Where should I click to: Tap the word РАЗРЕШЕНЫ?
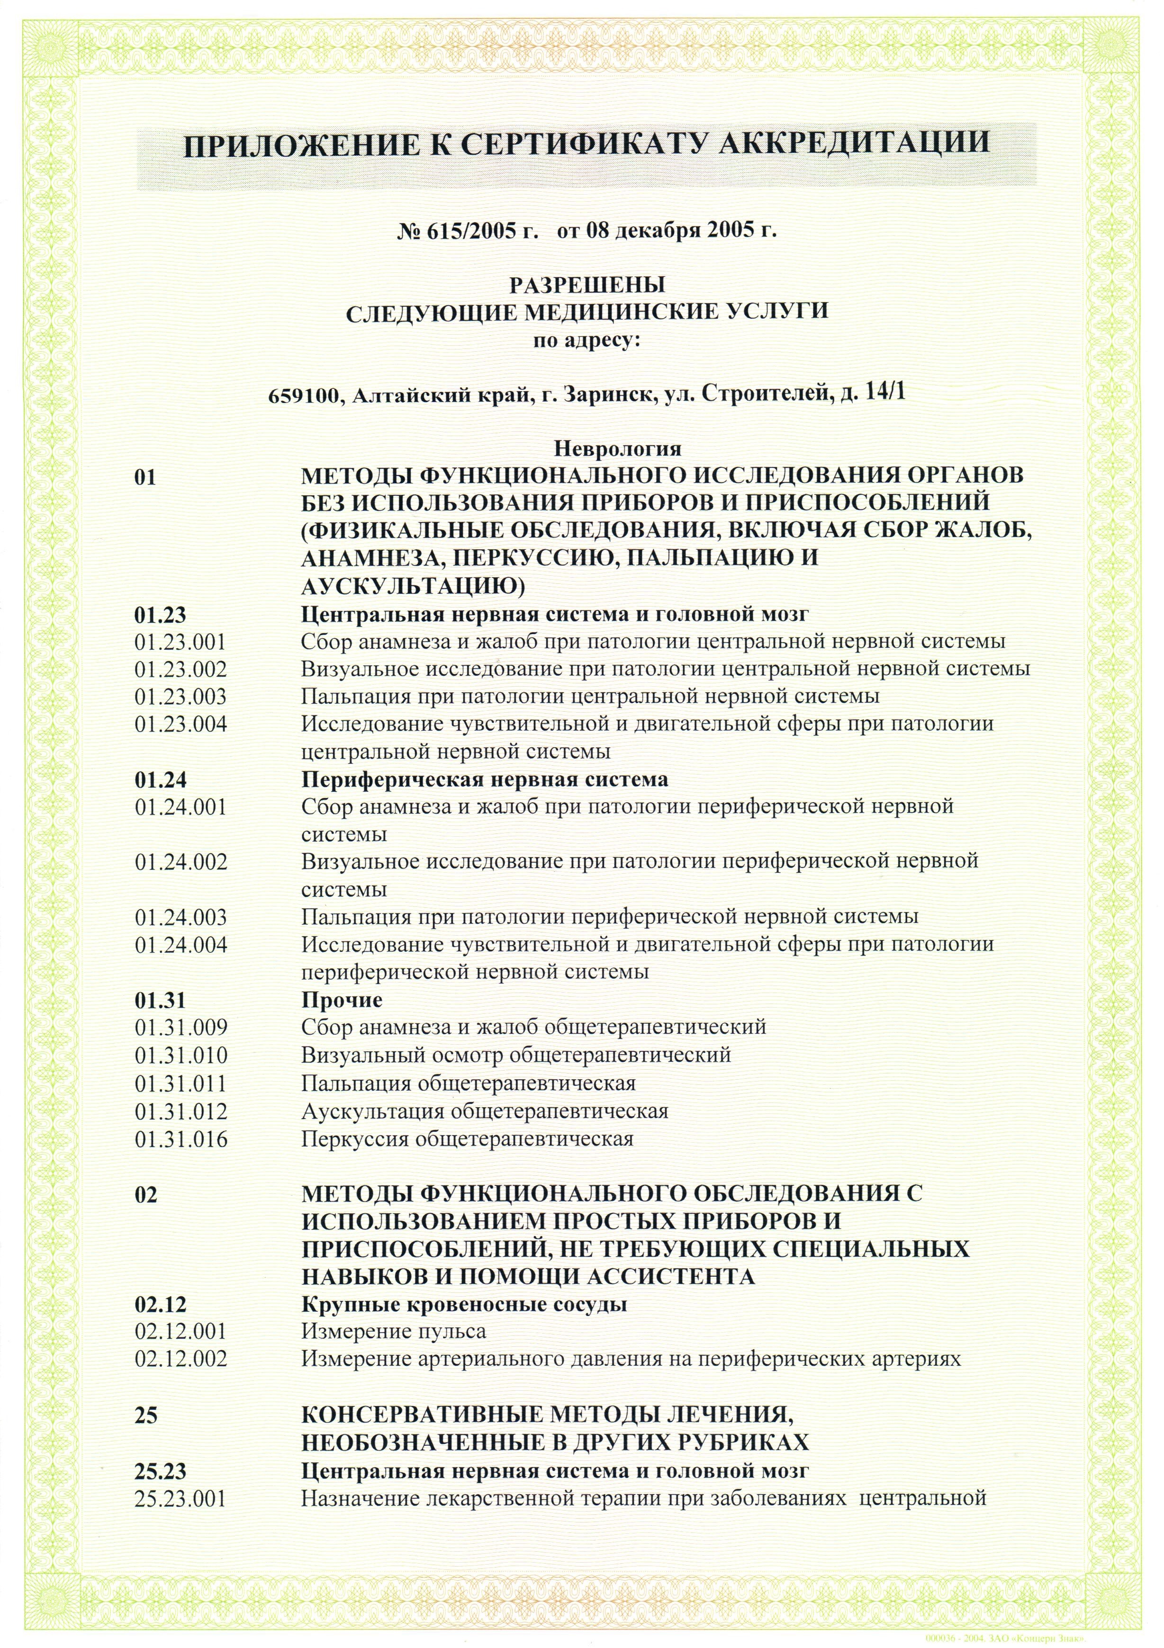click(587, 285)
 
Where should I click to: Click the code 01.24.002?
click(181, 862)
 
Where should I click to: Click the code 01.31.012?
click(181, 1112)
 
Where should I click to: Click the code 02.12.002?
click(181, 1360)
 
